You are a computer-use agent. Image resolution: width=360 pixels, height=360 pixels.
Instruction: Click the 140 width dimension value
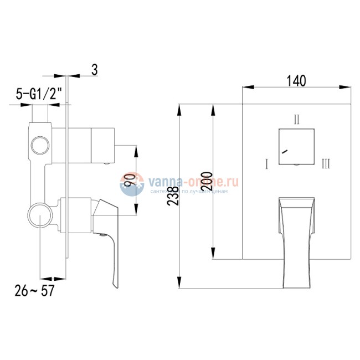point(296,81)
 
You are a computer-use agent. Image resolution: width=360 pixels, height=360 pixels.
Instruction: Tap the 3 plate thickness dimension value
point(95,69)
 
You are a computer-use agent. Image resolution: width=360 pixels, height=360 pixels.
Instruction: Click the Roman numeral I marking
point(266,163)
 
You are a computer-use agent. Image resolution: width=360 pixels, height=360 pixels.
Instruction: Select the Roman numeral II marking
point(297,119)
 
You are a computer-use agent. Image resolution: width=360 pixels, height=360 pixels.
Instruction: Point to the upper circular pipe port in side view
point(40,145)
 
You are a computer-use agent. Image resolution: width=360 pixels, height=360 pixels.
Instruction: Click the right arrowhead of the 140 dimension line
point(345,88)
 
